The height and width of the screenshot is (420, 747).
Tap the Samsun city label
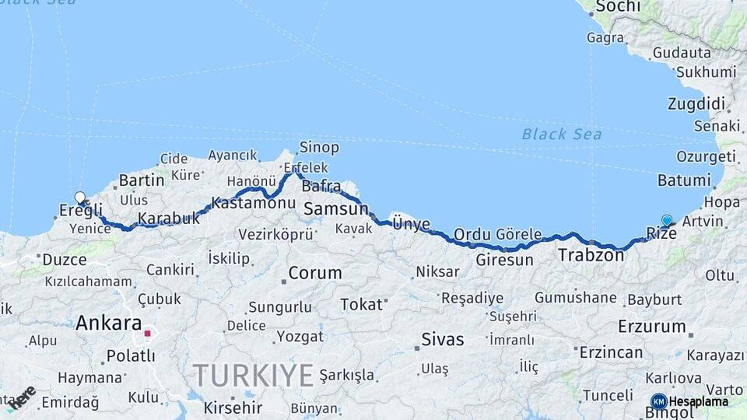coord(335,209)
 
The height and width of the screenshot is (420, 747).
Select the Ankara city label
coord(108,324)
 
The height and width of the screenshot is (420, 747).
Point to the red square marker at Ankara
coord(147,333)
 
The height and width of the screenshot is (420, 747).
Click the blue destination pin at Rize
coord(666,221)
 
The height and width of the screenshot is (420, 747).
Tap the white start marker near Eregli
coord(79,198)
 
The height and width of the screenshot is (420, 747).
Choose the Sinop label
coord(319,148)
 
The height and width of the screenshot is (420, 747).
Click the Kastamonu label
coord(253,203)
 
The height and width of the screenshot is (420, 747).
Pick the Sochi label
coord(618,7)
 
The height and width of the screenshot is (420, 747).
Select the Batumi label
coord(684,180)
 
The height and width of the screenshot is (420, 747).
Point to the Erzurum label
coord(653,327)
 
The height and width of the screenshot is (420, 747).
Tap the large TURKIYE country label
coord(254,376)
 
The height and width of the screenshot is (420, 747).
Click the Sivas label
coord(442,339)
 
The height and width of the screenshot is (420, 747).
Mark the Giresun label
coord(504,260)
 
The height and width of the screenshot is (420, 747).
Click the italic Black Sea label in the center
coord(562,135)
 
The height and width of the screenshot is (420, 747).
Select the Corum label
coord(315,274)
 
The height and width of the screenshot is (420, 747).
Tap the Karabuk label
coord(169,219)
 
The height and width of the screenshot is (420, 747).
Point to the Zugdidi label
coord(696,104)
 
